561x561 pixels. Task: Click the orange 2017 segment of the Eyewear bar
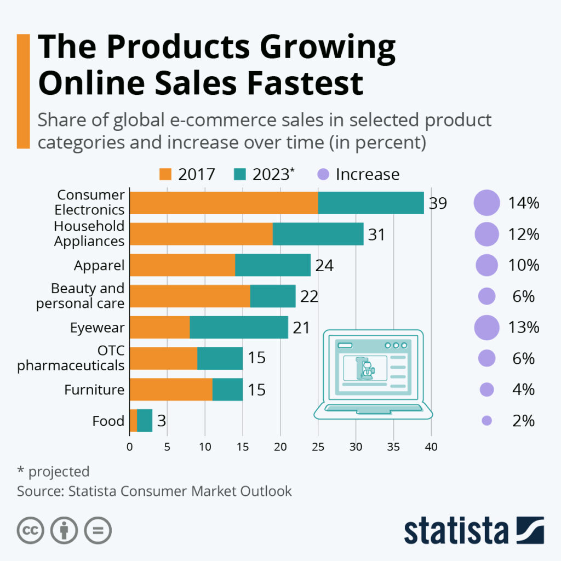tap(159, 328)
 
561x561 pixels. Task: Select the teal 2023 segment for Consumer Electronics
tap(371, 203)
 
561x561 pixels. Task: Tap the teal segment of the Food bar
tap(145, 421)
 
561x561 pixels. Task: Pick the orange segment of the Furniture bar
tap(171, 390)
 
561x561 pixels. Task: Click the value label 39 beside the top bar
tap(438, 203)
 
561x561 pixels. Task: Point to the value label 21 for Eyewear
tap(301, 328)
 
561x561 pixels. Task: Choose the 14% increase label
tap(524, 203)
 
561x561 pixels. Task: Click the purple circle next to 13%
tap(486, 328)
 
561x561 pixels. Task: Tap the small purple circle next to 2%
tap(486, 421)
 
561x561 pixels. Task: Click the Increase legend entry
tap(359, 174)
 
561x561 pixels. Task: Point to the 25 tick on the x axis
tap(318, 446)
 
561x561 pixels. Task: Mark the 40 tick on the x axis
tap(431, 446)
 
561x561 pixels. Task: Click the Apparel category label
tap(99, 266)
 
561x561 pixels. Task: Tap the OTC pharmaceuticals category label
tap(71, 358)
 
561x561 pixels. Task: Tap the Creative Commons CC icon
tap(31, 530)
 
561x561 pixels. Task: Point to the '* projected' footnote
tap(53, 471)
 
